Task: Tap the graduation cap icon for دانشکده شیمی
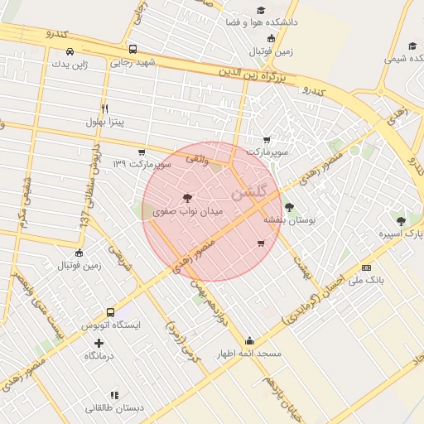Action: click(x=412, y=46)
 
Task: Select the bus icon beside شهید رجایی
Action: click(x=133, y=49)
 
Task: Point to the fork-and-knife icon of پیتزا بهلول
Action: click(x=104, y=108)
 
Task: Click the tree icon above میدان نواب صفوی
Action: click(x=188, y=198)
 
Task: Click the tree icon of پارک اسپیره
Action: click(x=402, y=221)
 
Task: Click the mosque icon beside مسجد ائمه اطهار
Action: click(x=250, y=340)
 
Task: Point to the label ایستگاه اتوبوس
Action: click(x=112, y=325)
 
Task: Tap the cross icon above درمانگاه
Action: click(x=99, y=343)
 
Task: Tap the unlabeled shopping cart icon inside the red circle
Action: click(x=263, y=243)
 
